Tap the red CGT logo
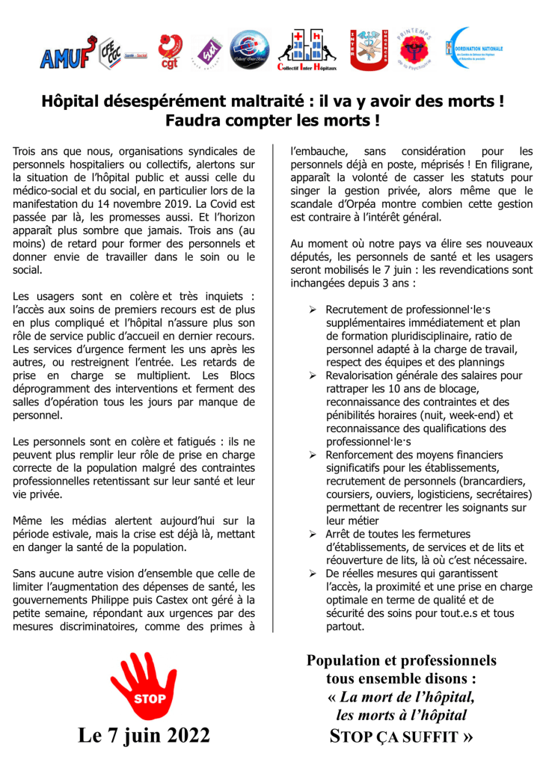(x=169, y=52)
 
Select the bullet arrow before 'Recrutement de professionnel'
(x=313, y=310)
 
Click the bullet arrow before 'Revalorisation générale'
(x=313, y=375)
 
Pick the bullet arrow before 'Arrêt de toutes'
(x=313, y=534)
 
